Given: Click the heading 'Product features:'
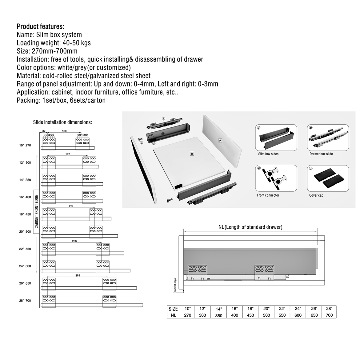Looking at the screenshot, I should click(x=40, y=26).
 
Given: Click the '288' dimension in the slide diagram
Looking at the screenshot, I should click(x=78, y=275).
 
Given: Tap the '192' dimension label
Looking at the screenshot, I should click(x=68, y=154).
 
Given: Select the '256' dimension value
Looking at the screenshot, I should click(x=74, y=241).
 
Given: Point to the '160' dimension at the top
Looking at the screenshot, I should click(x=64, y=131).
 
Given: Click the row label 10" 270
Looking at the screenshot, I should click(x=25, y=145).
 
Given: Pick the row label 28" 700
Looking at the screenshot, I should click(x=25, y=301).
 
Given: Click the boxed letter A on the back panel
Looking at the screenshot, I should click(x=220, y=140).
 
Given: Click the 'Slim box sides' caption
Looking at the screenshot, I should click(x=268, y=154).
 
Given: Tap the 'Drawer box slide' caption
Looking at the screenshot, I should click(x=321, y=154).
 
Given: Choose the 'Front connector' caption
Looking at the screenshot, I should click(x=268, y=195).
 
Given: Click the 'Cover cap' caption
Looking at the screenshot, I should click(x=316, y=195).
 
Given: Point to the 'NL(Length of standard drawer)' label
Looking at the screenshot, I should click(x=250, y=227).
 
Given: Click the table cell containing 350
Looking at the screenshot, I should click(x=219, y=315).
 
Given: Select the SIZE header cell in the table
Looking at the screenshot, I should click(x=173, y=309).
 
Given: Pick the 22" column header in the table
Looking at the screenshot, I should click(x=282, y=309).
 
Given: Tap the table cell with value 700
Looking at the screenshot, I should click(x=329, y=315).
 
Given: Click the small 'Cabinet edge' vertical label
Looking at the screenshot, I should click(x=174, y=285).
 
